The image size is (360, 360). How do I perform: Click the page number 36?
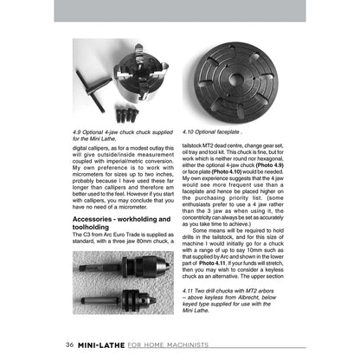coord(68,344)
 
